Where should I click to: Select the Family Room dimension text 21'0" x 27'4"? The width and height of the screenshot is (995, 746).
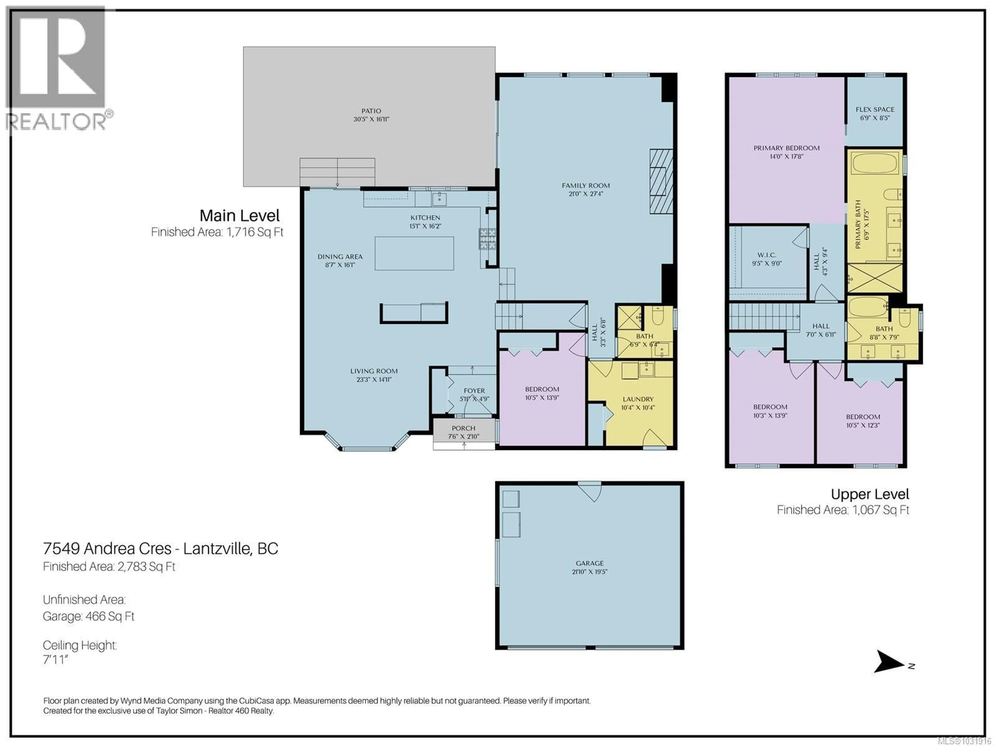[x=585, y=194]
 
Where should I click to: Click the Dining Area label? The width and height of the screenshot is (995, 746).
[x=340, y=257]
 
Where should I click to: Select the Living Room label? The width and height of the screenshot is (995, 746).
[x=374, y=371]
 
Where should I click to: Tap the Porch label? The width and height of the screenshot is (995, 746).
[x=463, y=428]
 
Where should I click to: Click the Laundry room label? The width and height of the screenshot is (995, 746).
[x=638, y=399]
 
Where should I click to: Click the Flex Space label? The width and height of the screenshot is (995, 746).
[x=875, y=109]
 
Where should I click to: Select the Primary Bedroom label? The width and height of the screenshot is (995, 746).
[x=786, y=148]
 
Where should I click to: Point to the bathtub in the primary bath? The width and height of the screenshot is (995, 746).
[x=875, y=163]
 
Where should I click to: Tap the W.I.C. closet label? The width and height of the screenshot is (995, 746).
[x=766, y=255]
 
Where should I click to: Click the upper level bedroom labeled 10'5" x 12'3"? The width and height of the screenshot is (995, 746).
[x=863, y=420]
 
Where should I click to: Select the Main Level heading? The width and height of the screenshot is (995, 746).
[x=239, y=216]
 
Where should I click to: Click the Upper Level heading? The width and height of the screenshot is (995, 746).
[x=870, y=494]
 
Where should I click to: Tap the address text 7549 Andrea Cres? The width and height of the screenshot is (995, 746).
[x=107, y=549]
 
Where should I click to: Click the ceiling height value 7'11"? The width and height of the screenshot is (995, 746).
[x=55, y=660]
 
